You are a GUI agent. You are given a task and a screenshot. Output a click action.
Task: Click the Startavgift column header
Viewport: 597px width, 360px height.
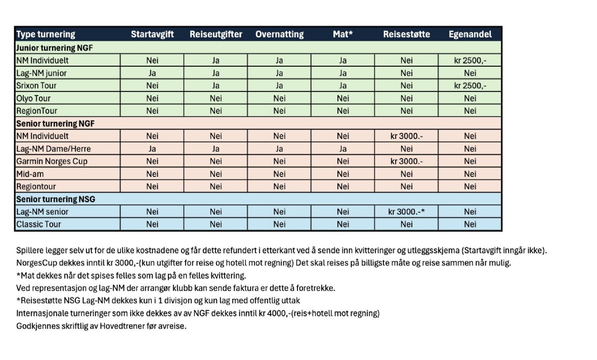(152, 34)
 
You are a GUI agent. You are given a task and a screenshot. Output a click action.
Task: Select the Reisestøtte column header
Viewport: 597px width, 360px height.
(406, 34)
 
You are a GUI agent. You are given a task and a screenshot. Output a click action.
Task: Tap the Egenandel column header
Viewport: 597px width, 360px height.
(470, 34)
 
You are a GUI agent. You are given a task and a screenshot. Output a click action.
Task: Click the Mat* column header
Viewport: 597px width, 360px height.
(343, 34)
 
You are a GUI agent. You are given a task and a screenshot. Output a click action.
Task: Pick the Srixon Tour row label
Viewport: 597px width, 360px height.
(33, 85)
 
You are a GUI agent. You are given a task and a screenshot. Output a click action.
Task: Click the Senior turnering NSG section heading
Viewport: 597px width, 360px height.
(56, 199)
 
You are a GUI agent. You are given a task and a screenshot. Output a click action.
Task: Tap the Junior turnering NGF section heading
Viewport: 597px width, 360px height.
(54, 48)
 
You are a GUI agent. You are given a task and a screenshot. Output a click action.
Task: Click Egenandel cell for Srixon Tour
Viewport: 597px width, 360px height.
(470, 85)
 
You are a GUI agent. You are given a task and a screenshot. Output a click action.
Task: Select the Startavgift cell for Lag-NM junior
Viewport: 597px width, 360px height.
(152, 73)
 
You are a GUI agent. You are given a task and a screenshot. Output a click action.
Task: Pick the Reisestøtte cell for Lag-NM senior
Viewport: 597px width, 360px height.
(406, 212)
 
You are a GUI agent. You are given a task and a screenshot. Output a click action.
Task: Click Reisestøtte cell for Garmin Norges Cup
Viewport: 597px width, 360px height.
(406, 161)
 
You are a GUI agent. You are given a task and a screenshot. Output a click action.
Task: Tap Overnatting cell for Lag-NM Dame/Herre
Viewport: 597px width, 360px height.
(279, 149)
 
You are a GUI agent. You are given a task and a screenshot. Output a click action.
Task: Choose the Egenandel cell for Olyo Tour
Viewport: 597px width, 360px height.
(470, 98)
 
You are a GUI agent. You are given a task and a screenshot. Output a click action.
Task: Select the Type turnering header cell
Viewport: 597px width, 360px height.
(46, 34)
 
